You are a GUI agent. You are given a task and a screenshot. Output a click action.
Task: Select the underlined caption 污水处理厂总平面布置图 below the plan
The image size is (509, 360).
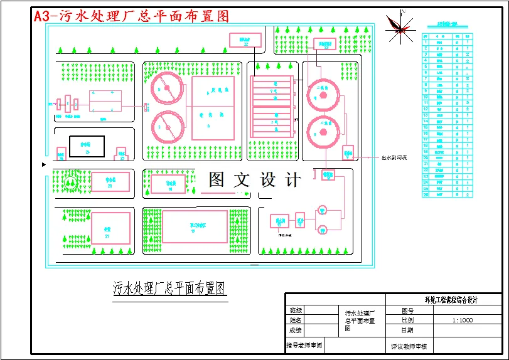(x=169, y=289)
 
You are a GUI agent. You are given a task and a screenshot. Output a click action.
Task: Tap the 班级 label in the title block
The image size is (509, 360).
(x=296, y=310)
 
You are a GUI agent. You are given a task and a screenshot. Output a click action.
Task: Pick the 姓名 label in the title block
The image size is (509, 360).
(x=296, y=320)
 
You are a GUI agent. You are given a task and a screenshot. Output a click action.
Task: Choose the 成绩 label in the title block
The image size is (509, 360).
(x=296, y=330)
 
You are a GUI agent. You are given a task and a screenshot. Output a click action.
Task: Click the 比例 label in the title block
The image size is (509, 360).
(x=408, y=320)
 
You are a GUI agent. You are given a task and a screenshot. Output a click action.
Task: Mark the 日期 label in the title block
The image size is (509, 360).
(x=408, y=330)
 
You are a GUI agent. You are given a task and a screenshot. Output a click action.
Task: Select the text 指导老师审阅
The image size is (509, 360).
(x=304, y=345)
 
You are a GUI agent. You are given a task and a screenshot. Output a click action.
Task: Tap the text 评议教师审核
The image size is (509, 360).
(x=408, y=346)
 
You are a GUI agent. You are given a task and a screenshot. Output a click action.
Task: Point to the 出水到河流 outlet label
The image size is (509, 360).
(x=394, y=157)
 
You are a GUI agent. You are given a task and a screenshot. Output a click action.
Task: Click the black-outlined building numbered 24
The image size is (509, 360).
(x=87, y=146)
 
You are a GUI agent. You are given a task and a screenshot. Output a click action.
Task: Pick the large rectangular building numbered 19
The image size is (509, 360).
(x=195, y=226)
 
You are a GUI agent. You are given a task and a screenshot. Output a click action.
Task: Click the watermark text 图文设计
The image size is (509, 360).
(x=254, y=181)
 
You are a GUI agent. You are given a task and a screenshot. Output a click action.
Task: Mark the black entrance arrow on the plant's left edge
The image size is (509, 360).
(x=43, y=164)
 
